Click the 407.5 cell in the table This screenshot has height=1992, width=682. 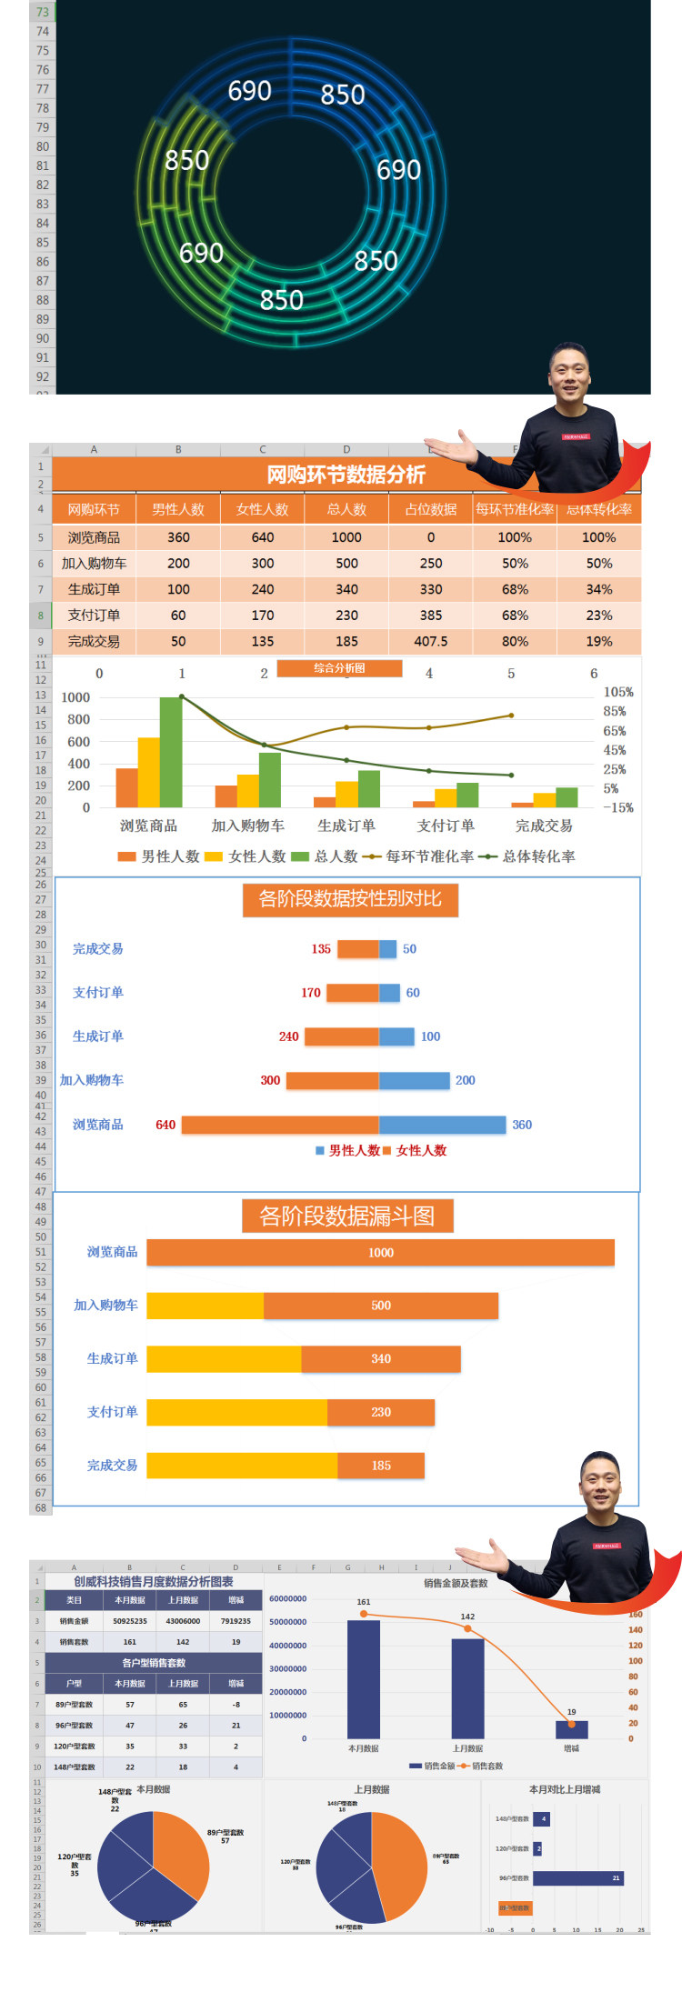(431, 641)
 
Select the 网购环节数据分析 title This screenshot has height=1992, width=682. (346, 475)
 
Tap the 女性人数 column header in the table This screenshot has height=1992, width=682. (262, 509)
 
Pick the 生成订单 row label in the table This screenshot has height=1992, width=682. (94, 589)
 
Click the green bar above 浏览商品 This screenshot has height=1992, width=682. (171, 752)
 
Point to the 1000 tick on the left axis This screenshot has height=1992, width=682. (75, 697)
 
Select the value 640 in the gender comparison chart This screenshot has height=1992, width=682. (165, 1125)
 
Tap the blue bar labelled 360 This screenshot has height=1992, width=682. (442, 1125)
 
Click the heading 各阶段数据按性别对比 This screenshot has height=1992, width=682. (350, 899)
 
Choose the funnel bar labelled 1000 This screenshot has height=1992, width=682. (380, 1253)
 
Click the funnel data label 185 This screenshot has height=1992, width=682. (381, 1466)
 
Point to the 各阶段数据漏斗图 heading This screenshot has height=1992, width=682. (346, 1216)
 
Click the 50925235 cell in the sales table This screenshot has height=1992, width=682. (130, 1621)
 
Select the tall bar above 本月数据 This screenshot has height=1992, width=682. (364, 1679)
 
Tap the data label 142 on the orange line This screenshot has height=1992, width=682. (467, 1617)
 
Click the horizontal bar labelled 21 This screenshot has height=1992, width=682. (578, 1877)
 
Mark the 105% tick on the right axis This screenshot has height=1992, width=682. (618, 692)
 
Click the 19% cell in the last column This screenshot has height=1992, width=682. (598, 641)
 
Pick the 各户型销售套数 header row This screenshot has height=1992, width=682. (154, 1663)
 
